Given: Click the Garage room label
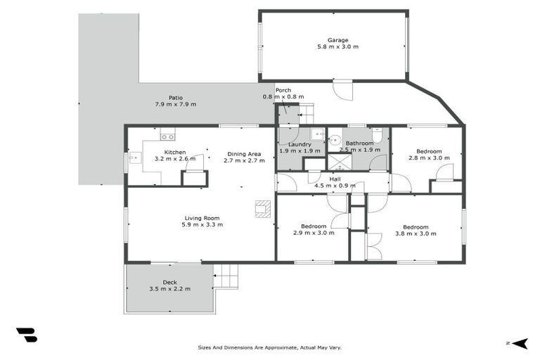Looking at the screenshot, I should click(337, 40).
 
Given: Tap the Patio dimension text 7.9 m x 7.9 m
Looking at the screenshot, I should click(175, 104).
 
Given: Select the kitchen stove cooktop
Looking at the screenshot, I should click(167, 136).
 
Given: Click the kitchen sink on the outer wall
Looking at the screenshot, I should click(132, 159).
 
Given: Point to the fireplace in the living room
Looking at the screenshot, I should click(262, 208).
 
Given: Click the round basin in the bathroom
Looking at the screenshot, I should click(335, 140).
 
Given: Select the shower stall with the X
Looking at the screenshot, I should click(340, 162).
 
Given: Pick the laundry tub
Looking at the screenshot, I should click(317, 134).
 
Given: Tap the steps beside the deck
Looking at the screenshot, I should click(225, 276).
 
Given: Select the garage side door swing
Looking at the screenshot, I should click(342, 90).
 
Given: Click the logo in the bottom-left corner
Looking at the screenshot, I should click(26, 335).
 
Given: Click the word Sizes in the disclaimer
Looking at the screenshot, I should click(205, 347).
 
